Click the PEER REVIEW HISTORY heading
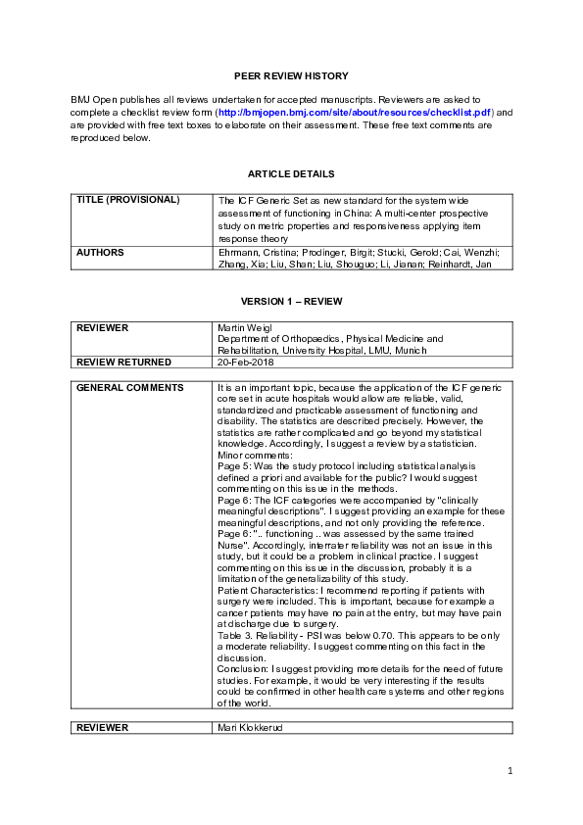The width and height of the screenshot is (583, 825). coord(291,75)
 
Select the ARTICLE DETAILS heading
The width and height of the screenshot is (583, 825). coord(291,173)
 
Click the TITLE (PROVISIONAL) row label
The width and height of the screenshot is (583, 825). coord(128,200)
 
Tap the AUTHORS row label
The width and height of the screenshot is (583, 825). coord(100,252)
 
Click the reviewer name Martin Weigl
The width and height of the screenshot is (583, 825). coord(245,326)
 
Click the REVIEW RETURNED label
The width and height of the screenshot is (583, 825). coord(123,363)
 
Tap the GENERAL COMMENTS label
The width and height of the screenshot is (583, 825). coord(130,388)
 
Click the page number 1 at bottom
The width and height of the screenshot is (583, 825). coord(510,772)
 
